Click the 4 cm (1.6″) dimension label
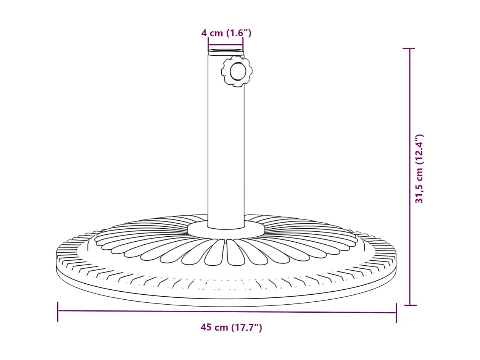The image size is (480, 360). coord(226,33)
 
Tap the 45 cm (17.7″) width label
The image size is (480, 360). coord(231,327)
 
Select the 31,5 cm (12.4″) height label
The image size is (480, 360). coord(419,168)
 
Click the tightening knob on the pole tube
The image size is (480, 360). coord(237,71)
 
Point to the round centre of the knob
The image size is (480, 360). coord(238,71)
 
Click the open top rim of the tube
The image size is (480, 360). coord(226,52)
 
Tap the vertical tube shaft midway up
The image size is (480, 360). coord(226,141)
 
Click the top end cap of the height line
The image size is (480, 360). coord(409,49)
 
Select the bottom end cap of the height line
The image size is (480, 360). coord(410,305)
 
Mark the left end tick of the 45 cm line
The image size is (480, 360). coord(58,311)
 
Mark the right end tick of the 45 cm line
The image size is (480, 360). coord(396,313)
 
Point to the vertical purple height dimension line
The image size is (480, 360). coord(410,176)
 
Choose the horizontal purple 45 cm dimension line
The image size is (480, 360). coord(227,312)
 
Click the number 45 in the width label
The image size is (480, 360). coord(206,327)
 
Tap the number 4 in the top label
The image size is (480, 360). coord(204,33)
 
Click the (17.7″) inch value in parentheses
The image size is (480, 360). coord(246,327)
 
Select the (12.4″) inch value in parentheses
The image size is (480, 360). coord(419,149)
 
